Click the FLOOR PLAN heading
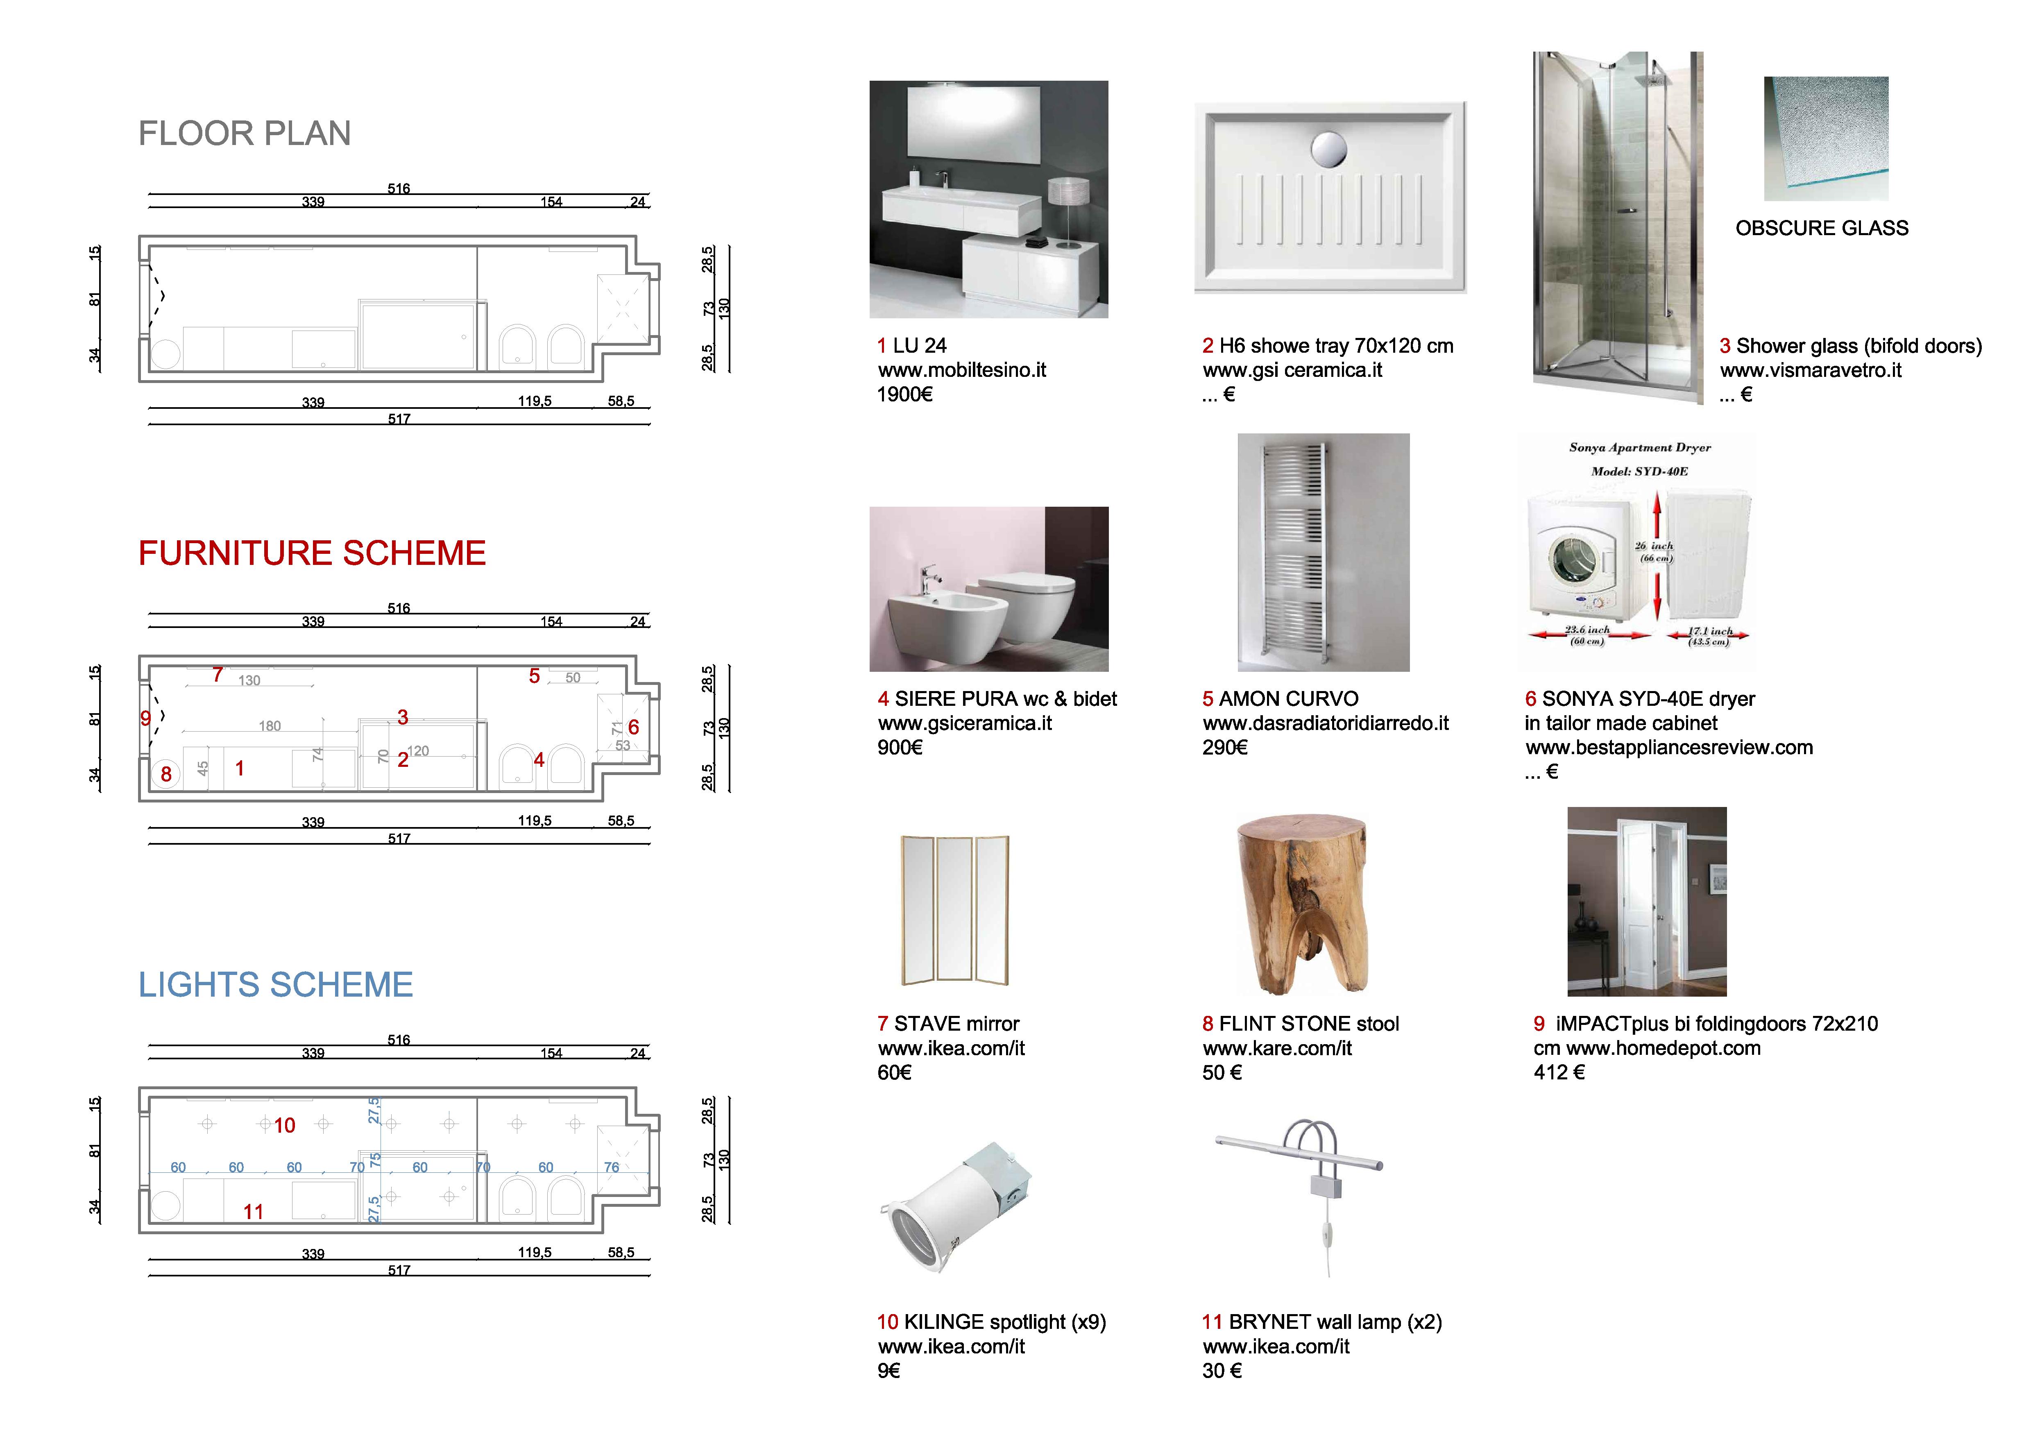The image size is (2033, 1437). pyautogui.click(x=245, y=134)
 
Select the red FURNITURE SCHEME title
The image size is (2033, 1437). pyautogui.click(x=312, y=553)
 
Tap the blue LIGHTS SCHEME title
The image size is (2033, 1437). pyautogui.click(x=275, y=985)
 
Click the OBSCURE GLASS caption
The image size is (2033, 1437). pyautogui.click(x=1821, y=229)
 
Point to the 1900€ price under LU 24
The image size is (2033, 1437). pyautogui.click(x=904, y=395)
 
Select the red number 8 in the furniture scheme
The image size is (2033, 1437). pyautogui.click(x=165, y=774)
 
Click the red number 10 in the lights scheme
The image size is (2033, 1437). pyautogui.click(x=284, y=1125)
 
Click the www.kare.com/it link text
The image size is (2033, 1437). pyautogui.click(x=1277, y=1048)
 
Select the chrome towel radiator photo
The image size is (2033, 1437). pyautogui.click(x=1323, y=553)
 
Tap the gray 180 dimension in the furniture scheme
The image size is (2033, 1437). pyautogui.click(x=270, y=726)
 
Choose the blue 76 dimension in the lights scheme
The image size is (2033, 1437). pyautogui.click(x=612, y=1167)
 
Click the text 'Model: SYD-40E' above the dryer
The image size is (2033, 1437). pyautogui.click(x=1639, y=471)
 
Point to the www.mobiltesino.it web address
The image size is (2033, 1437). pyautogui.click(x=961, y=370)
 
